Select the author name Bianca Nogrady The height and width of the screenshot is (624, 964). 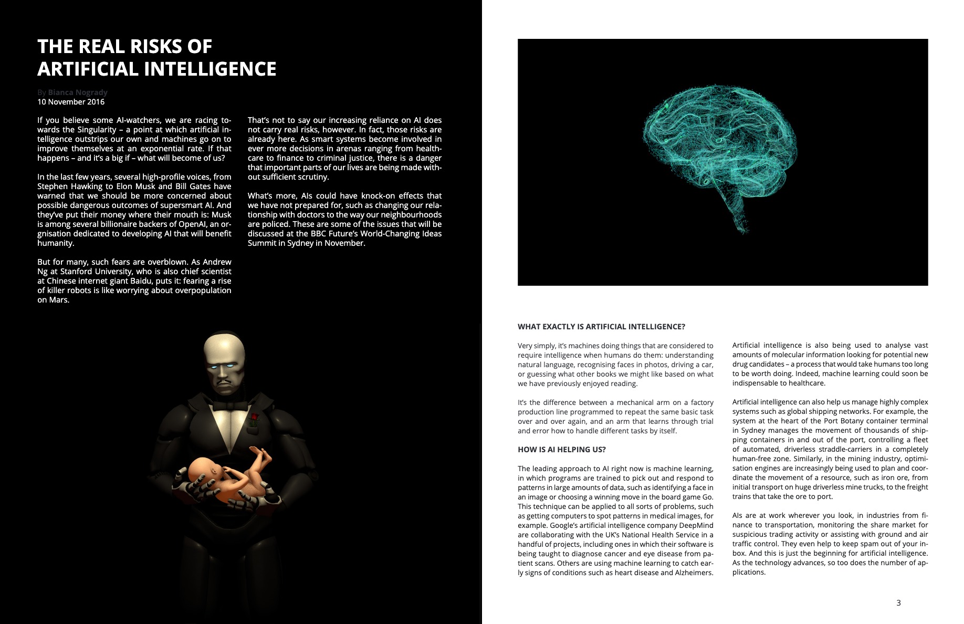(78, 92)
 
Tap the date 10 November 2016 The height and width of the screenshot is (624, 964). (71, 102)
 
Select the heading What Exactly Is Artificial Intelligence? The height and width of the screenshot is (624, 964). (601, 327)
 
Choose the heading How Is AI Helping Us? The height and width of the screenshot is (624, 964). (561, 450)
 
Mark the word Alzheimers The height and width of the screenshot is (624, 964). (694, 573)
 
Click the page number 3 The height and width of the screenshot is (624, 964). (898, 603)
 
